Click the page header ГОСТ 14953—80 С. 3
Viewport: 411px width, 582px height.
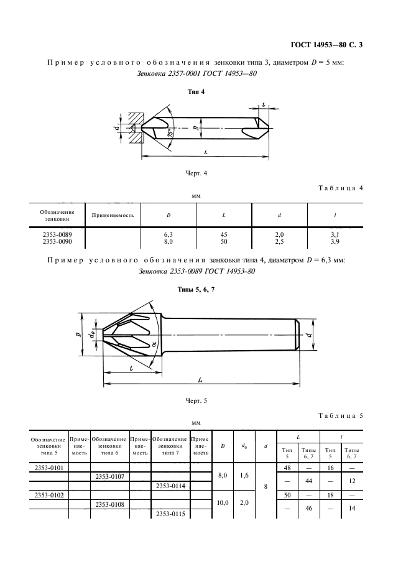pos(326,45)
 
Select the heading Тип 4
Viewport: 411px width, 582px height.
pos(196,91)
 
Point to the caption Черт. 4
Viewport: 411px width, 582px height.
pos(196,173)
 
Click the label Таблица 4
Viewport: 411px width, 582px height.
pos(341,188)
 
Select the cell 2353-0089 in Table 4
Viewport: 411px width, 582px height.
pos(57,234)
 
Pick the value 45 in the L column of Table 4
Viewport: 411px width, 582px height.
pos(224,234)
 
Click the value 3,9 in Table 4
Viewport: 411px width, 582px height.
pos(335,242)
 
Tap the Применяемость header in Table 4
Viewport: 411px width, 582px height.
pos(113,215)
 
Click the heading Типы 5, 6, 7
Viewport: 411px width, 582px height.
pos(196,290)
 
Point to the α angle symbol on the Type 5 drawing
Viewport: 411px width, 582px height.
pos(154,345)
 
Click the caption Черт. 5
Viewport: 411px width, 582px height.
pos(196,401)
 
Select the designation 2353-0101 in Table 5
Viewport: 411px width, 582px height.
pos(49,468)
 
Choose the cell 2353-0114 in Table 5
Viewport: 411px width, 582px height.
pos(170,486)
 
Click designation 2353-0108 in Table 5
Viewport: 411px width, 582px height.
pos(110,504)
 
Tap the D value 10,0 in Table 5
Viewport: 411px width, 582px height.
pos(223,503)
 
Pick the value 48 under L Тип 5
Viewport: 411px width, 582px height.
pos(287,468)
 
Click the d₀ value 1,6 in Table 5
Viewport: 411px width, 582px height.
pos(244,476)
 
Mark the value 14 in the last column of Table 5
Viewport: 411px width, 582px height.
pos(352,509)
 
